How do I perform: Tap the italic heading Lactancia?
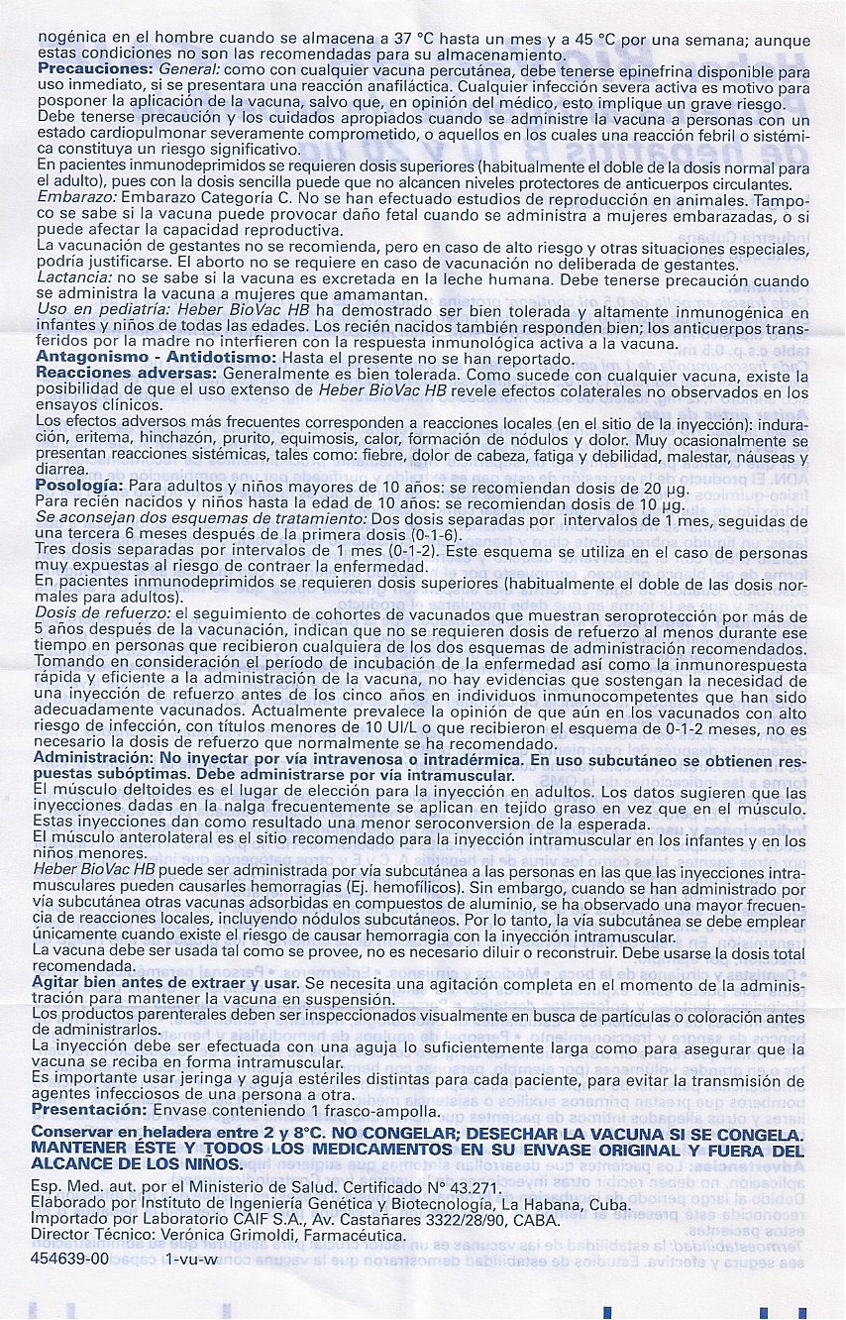coord(73,279)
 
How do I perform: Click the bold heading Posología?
coord(79,487)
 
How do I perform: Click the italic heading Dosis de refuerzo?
coord(101,614)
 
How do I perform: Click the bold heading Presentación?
coord(90,1109)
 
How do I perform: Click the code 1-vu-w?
coord(191,1258)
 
